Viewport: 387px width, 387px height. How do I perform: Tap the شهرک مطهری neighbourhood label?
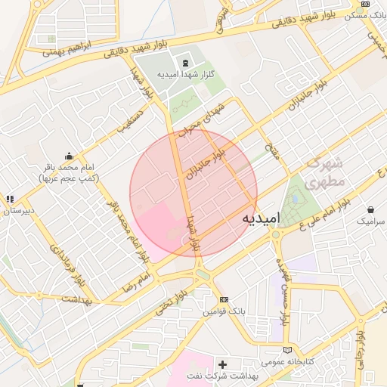coord(325,172)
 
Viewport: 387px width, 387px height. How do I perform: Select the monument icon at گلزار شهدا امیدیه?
coord(185,61)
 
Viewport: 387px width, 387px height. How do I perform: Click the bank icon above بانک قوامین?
coord(223,300)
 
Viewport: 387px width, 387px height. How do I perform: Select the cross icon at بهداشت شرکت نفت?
coord(222,364)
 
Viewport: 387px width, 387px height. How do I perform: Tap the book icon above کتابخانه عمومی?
coord(286,349)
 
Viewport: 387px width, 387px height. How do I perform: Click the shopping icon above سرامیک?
coord(370,209)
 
